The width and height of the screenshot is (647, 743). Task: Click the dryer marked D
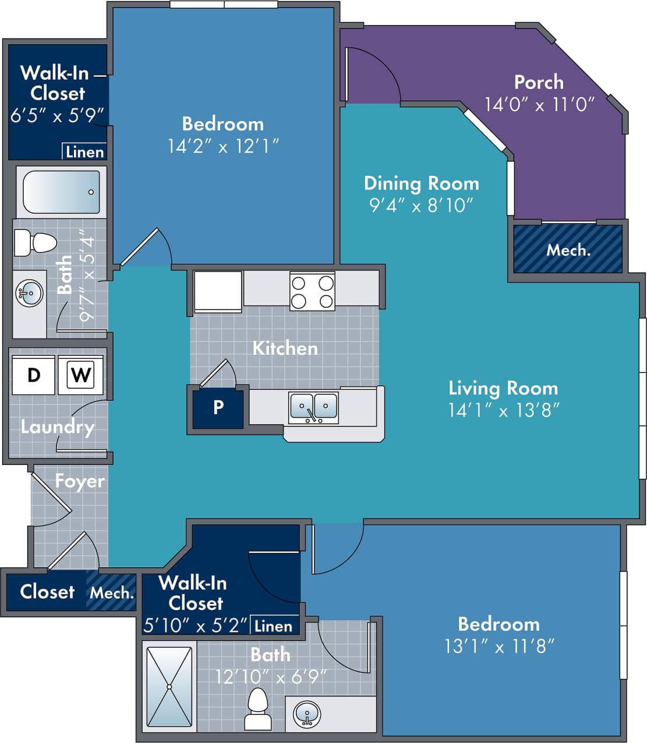[33, 375]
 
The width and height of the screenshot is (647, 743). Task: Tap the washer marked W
[80, 375]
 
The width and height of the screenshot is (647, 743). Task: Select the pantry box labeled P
[218, 407]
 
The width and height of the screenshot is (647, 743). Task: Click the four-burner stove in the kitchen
[312, 291]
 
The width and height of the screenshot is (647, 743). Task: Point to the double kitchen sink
[313, 407]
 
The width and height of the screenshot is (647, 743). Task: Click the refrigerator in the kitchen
[218, 291]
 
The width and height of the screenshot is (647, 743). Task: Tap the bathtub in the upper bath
[61, 192]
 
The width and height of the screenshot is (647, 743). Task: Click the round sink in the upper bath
[29, 293]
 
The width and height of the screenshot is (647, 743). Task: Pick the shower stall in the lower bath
[169, 687]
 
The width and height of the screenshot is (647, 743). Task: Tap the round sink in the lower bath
[306, 713]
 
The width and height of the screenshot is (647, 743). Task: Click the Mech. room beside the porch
[568, 250]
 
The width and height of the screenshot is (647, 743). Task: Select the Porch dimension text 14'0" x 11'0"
[539, 105]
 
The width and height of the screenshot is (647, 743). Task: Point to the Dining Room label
[421, 183]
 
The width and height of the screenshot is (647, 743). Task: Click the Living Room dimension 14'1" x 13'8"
[503, 410]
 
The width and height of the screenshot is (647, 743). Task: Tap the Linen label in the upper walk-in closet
[84, 152]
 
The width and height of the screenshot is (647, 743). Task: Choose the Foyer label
[80, 481]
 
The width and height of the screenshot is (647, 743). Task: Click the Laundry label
[57, 427]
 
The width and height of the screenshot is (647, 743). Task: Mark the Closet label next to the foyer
[47, 592]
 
